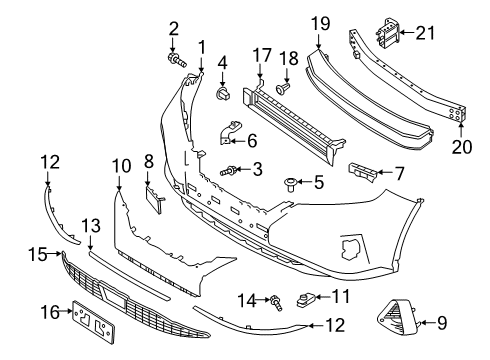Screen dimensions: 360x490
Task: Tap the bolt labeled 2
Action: (x=178, y=60)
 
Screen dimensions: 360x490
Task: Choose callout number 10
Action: (x=121, y=163)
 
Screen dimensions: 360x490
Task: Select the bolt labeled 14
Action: (x=275, y=300)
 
